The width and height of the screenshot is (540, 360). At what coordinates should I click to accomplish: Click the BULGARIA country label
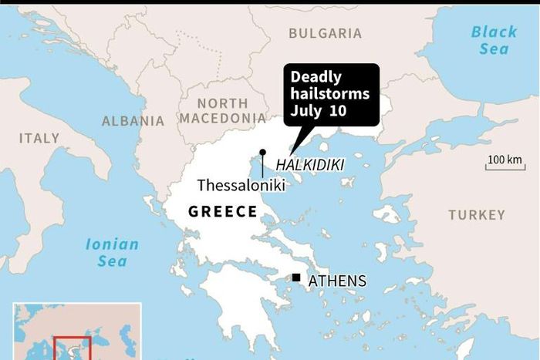point(325,33)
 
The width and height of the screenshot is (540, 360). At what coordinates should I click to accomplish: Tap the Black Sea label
point(494,40)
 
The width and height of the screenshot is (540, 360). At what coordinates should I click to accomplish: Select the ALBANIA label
point(133,121)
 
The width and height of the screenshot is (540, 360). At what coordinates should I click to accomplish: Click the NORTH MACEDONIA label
point(222,111)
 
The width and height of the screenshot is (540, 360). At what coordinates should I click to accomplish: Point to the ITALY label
point(39,138)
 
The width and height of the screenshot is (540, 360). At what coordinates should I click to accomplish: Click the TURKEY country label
point(476,215)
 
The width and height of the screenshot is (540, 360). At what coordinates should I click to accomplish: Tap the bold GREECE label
point(223,211)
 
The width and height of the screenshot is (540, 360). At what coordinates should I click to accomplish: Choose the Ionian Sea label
point(113,253)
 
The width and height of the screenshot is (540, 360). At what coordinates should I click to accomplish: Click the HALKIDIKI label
point(309,165)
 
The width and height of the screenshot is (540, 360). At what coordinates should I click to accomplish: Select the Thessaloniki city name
point(241,186)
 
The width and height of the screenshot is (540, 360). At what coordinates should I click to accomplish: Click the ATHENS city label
point(337,281)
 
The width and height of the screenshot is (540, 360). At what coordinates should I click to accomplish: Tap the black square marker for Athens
point(295,278)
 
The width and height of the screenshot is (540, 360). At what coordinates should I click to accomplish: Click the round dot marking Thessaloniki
point(262,153)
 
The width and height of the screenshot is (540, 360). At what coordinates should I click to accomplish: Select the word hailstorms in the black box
point(330,94)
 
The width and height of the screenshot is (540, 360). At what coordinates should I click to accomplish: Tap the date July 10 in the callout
point(319,110)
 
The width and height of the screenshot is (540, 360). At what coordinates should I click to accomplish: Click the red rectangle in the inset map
point(72,348)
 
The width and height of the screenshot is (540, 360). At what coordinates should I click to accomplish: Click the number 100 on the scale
point(497,160)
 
